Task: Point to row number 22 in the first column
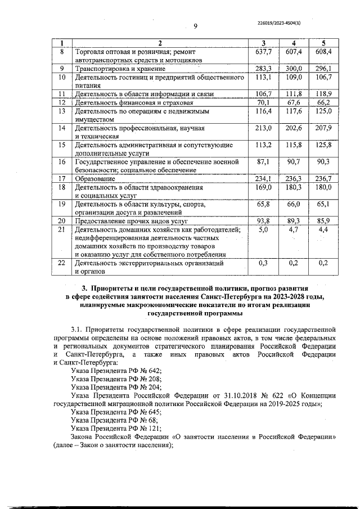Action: pos(62,263)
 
